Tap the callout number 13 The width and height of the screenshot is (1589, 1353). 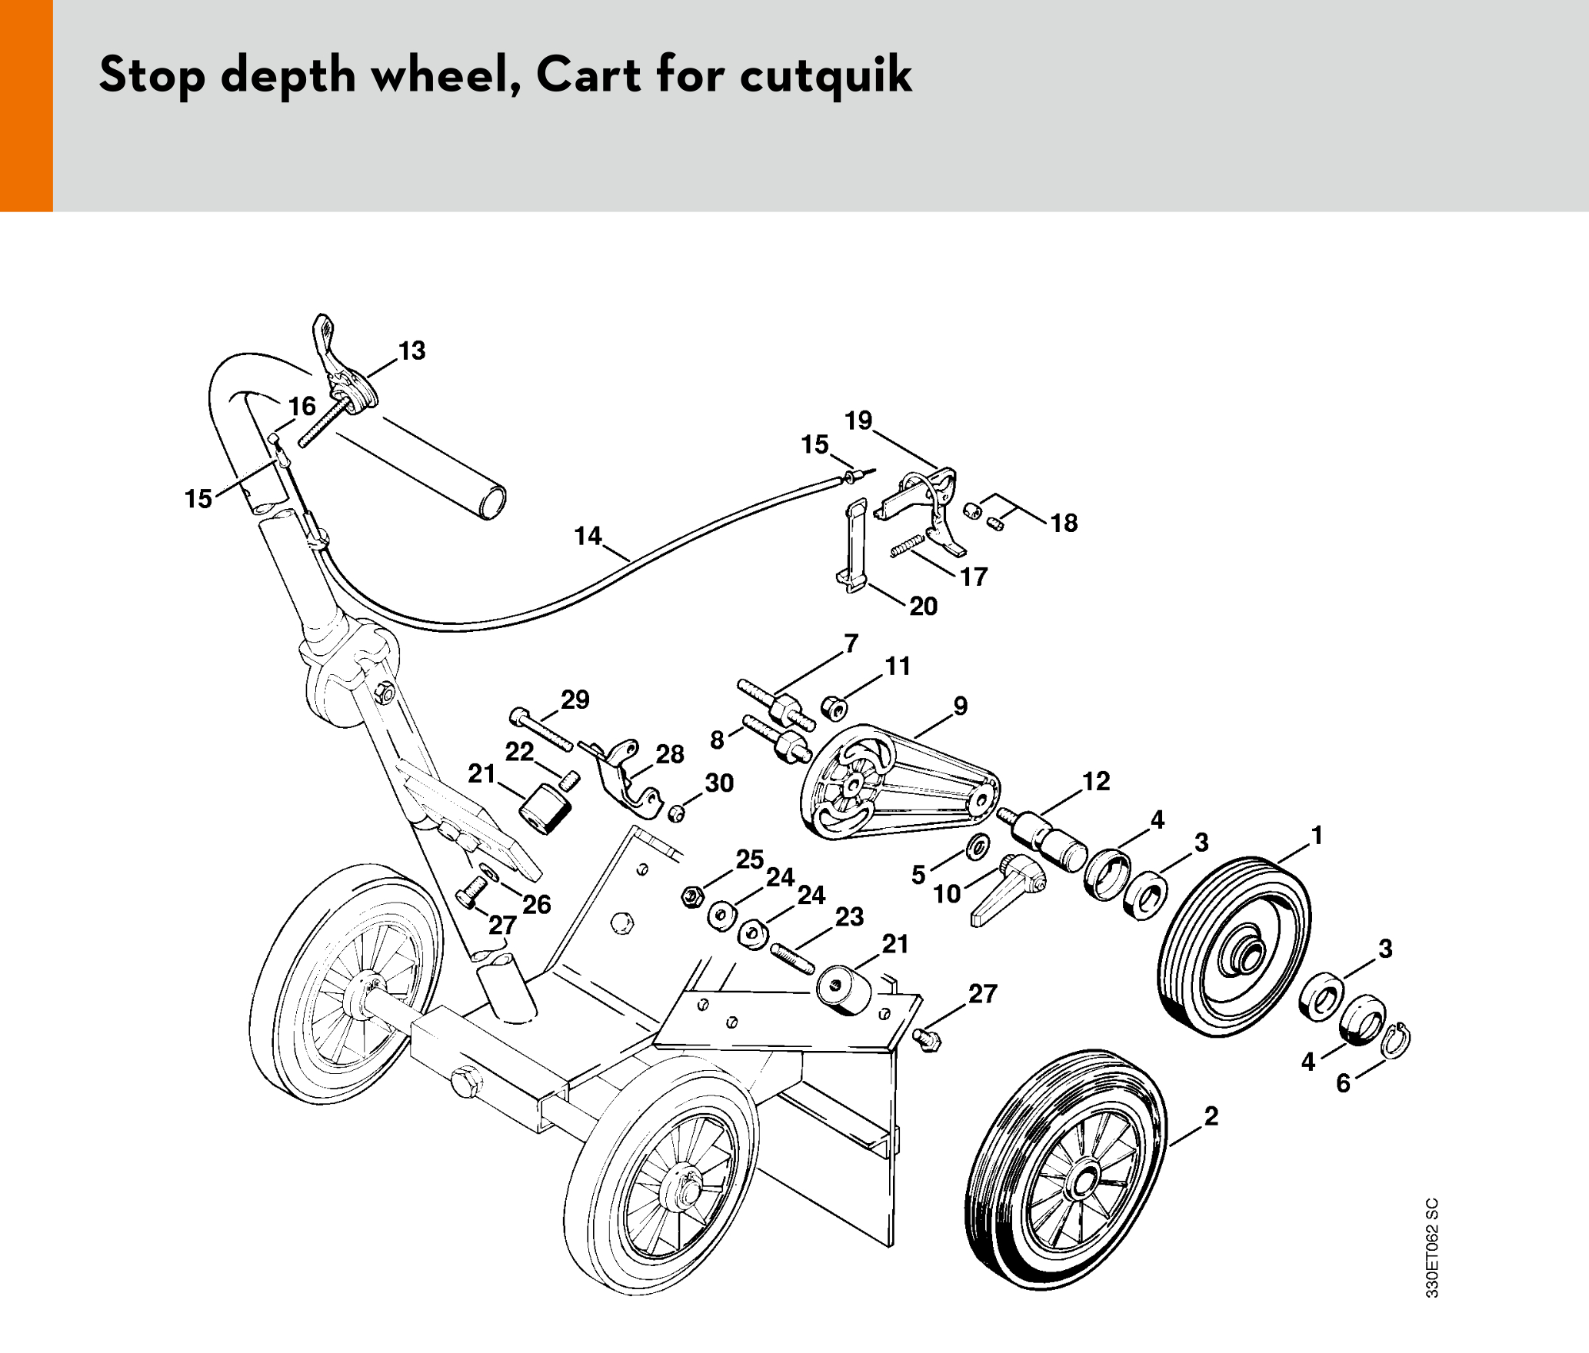[411, 351]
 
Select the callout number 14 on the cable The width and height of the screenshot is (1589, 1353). [588, 536]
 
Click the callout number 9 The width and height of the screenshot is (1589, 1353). [960, 706]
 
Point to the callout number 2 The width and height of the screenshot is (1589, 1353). [1211, 1115]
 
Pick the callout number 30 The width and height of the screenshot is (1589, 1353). [719, 783]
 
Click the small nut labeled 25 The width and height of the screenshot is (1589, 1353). [691, 896]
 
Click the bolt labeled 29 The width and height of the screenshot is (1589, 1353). [542, 730]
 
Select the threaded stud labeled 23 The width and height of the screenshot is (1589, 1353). [792, 958]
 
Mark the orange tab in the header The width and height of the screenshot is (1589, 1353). [26, 105]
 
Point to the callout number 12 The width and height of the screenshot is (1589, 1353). [1096, 782]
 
